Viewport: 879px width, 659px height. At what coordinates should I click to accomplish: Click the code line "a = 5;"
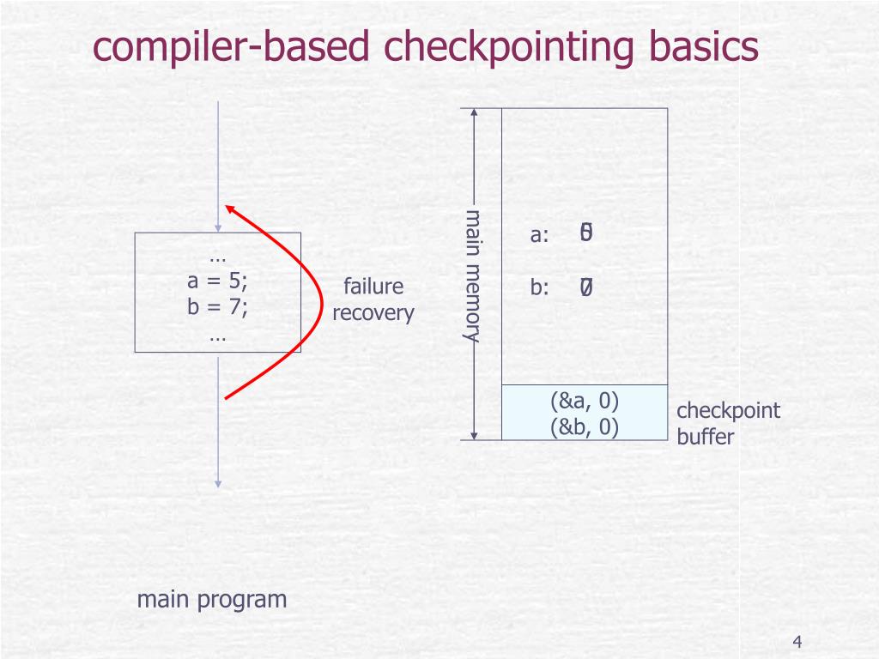pos(217,282)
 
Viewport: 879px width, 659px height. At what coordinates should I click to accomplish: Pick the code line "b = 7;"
pos(217,308)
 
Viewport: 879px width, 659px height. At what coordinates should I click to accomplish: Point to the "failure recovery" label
pos(373,299)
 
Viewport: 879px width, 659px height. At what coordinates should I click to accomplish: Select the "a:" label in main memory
pos(539,235)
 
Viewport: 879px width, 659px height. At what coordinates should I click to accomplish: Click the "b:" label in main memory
pos(539,288)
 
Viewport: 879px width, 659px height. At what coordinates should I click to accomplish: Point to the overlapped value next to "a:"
pos(586,233)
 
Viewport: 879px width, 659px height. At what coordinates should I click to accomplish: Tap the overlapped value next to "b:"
pos(586,288)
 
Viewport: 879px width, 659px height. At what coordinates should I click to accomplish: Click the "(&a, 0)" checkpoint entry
pos(585,402)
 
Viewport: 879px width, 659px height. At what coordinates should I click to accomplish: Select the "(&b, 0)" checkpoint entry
pos(585,426)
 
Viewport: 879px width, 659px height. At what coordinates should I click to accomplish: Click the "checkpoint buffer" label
pos(728,423)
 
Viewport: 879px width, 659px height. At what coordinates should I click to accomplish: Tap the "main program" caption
pos(212,599)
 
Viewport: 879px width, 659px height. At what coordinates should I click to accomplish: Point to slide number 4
pos(797,643)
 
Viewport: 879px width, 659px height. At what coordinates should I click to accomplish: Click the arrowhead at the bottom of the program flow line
pos(218,484)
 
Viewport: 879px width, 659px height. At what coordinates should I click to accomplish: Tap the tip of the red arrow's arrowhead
pos(226,206)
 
